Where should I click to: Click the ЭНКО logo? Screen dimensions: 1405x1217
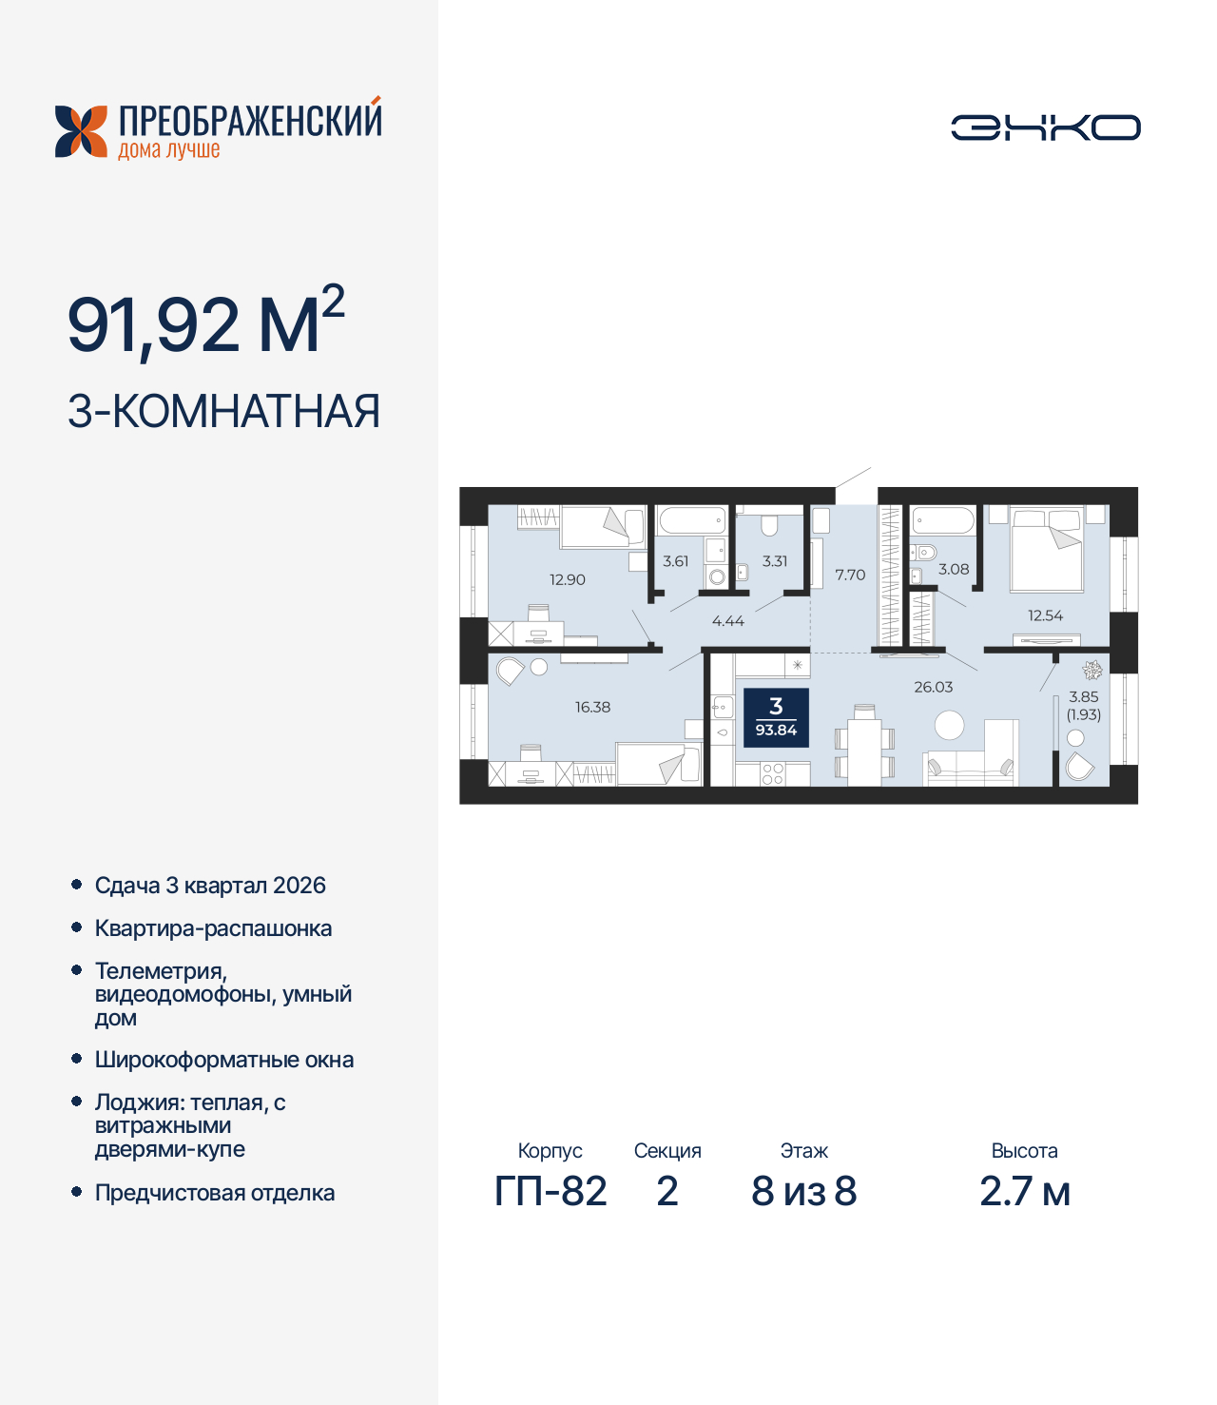pyautogui.click(x=1045, y=127)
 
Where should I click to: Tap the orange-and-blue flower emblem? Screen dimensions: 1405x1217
pyautogui.click(x=81, y=131)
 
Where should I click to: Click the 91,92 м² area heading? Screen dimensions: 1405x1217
pyautogui.click(x=205, y=323)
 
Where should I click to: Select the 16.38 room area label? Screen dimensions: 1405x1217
pyautogui.click(x=592, y=707)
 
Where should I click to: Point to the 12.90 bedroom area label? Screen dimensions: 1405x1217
pyautogui.click(x=568, y=579)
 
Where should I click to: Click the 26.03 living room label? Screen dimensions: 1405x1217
pyautogui.click(x=933, y=687)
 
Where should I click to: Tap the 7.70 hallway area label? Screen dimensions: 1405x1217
pyautogui.click(x=850, y=575)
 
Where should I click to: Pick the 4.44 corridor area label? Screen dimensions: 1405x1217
pyautogui.click(x=728, y=621)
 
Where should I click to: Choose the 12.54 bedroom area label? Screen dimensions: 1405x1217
pyautogui.click(x=1045, y=615)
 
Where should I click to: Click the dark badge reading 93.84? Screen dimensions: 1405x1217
pyautogui.click(x=776, y=718)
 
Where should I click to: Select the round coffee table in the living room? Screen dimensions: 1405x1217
pyautogui.click(x=949, y=726)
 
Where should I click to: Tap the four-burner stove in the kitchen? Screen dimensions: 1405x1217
pyautogui.click(x=772, y=773)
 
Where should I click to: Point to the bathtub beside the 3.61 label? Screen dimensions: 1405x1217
pyautogui.click(x=692, y=520)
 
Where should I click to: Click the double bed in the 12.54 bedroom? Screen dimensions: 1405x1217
pyautogui.click(x=1047, y=549)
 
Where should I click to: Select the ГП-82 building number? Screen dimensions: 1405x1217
pyautogui.click(x=551, y=1191)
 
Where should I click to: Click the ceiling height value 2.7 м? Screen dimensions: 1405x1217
pyautogui.click(x=1025, y=1191)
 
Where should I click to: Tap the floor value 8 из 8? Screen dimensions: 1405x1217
pyautogui.click(x=804, y=1191)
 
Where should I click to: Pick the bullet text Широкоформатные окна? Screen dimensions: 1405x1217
pyautogui.click(x=224, y=1060)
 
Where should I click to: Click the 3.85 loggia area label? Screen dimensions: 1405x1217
pyautogui.click(x=1083, y=696)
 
